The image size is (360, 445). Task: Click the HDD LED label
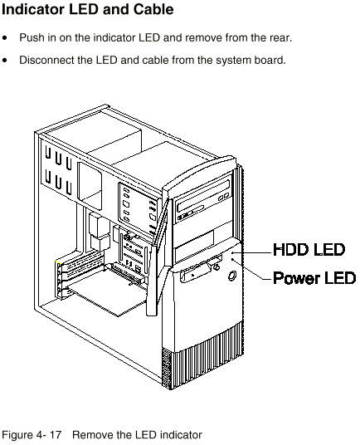pyautogui.click(x=309, y=250)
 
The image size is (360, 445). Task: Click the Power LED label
pyautogui.click(x=314, y=278)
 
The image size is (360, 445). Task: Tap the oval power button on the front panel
pyautogui.click(x=232, y=276)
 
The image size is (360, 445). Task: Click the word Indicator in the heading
pyautogui.click(x=33, y=9)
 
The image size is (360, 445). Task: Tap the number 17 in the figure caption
pyautogui.click(x=56, y=435)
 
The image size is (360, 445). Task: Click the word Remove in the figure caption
pyautogui.click(x=90, y=435)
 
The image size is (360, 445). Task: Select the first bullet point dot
pyautogui.click(x=4, y=37)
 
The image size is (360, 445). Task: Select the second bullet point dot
pyautogui.click(x=4, y=60)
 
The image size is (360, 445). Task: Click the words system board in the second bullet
pyautogui.click(x=249, y=60)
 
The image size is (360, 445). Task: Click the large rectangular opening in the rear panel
pyautogui.click(x=90, y=186)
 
